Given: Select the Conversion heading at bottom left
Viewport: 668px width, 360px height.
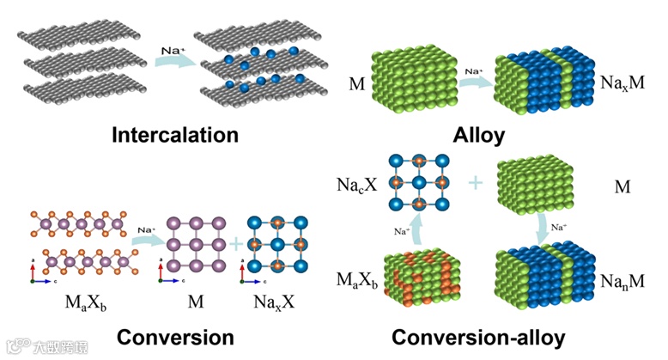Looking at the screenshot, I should [175, 336].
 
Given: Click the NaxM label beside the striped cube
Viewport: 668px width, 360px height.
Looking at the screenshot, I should [621, 84].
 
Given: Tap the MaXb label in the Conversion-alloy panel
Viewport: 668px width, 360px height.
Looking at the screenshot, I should [355, 280].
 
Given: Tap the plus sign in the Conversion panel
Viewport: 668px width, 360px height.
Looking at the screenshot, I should [235, 245].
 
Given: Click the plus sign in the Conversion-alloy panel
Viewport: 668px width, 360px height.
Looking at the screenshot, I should [476, 184].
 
